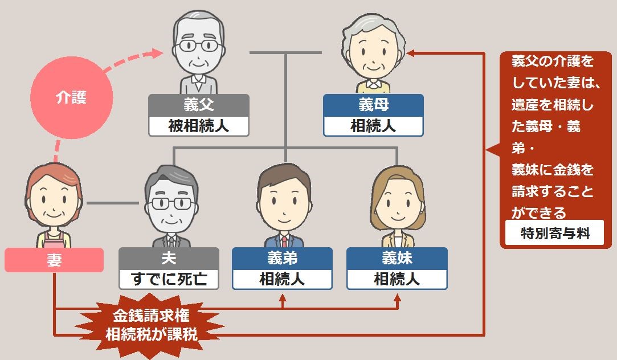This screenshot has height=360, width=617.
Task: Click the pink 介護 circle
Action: [71, 98]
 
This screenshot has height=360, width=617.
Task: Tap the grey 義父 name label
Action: [198, 105]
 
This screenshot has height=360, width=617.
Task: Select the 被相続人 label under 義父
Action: [198, 126]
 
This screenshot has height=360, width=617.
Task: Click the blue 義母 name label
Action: [373, 105]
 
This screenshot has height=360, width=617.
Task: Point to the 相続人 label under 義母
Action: [373, 126]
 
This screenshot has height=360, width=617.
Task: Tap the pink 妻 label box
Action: [54, 260]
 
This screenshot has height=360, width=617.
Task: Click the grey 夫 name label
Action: [169, 258]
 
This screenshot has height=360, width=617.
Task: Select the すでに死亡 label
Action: [169, 279]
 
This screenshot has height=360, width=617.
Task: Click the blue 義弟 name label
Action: [283, 258]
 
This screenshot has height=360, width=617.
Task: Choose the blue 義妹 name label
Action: [397, 258]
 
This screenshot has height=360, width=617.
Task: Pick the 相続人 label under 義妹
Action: [397, 279]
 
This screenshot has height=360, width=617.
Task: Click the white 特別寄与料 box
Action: [555, 233]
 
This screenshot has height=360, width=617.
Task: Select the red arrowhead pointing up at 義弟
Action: [283, 297]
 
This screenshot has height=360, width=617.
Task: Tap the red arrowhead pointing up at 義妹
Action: [397, 297]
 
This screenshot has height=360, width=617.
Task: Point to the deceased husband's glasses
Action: [169, 203]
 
